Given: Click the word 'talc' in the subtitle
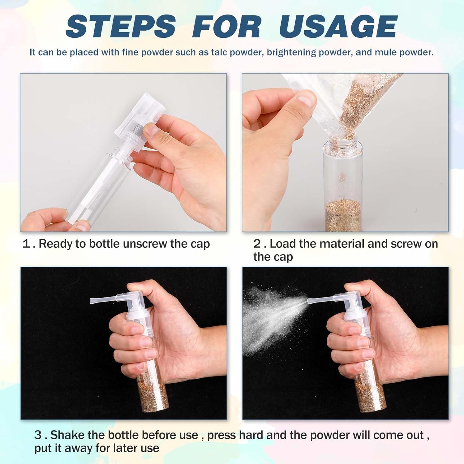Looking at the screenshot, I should click(x=221, y=52).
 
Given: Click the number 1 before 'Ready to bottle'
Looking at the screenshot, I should click(x=26, y=244).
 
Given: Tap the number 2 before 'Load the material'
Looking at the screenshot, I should click(x=257, y=244).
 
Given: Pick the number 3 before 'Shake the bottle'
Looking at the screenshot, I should click(x=38, y=435).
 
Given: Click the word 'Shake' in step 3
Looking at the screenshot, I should click(x=67, y=435).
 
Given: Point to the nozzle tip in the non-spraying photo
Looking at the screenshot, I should click(x=92, y=301).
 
